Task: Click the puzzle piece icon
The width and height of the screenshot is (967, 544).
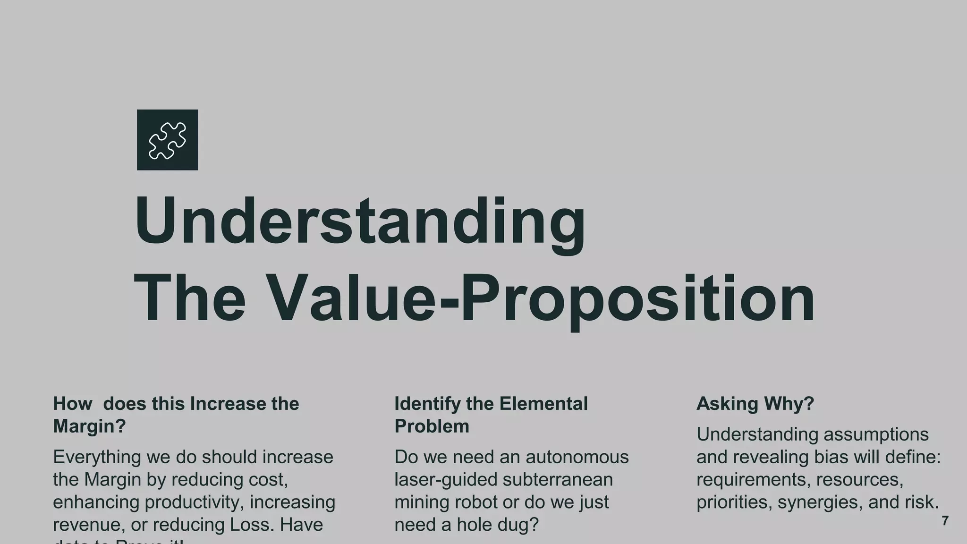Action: (x=167, y=140)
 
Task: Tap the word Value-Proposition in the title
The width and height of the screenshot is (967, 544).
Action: (x=539, y=299)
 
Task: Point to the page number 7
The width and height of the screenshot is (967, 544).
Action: (x=945, y=521)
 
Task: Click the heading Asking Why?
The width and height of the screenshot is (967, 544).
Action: (x=755, y=404)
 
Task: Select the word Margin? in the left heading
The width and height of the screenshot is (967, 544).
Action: (x=89, y=426)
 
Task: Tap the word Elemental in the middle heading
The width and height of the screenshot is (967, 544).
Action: (x=543, y=404)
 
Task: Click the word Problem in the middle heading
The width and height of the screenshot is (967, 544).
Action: (x=432, y=426)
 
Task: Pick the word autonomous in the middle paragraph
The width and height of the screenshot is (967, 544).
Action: (x=577, y=457)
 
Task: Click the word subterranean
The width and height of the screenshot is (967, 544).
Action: (x=557, y=480)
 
